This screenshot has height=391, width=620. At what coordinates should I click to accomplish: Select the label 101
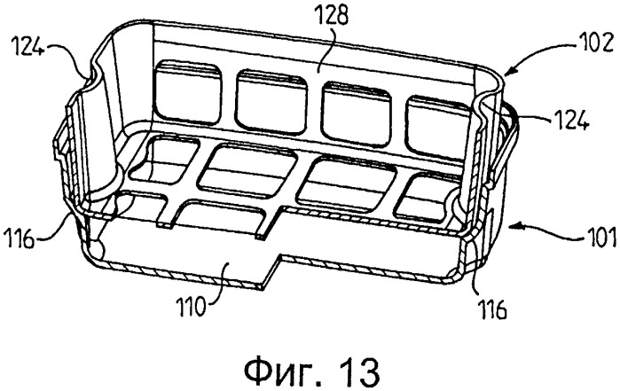600,237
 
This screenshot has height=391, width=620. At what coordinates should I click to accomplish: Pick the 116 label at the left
19,239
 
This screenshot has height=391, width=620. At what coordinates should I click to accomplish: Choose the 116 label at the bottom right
491,309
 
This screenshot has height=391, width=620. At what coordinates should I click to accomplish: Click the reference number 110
192,307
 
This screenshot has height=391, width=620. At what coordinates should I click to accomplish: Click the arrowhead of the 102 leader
508,72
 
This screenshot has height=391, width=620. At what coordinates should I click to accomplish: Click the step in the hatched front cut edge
273,272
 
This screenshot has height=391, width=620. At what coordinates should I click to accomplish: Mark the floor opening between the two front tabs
218,217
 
